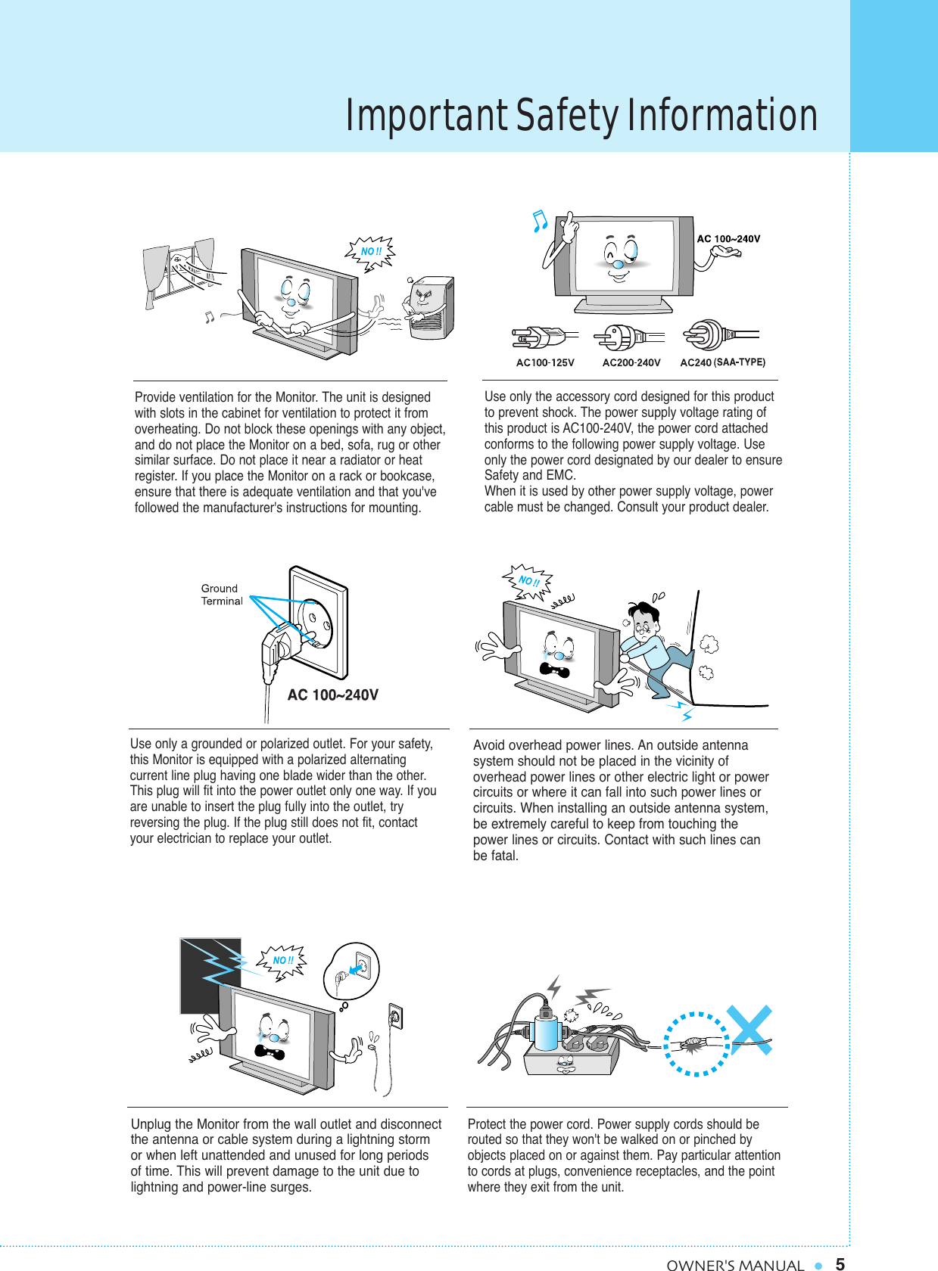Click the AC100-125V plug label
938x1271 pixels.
point(545,362)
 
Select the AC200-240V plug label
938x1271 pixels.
point(631,362)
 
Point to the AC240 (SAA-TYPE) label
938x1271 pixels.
point(722,362)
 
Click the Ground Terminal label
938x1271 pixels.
point(221,595)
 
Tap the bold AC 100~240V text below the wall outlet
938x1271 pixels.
point(332,695)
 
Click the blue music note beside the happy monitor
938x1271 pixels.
point(539,220)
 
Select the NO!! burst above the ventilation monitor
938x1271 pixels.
point(371,252)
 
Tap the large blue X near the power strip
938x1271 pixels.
point(749,1030)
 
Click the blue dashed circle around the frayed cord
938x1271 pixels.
point(696,1043)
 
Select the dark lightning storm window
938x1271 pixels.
point(210,975)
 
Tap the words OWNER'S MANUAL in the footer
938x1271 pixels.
point(734,1264)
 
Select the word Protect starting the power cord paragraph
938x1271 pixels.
point(488,1124)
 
